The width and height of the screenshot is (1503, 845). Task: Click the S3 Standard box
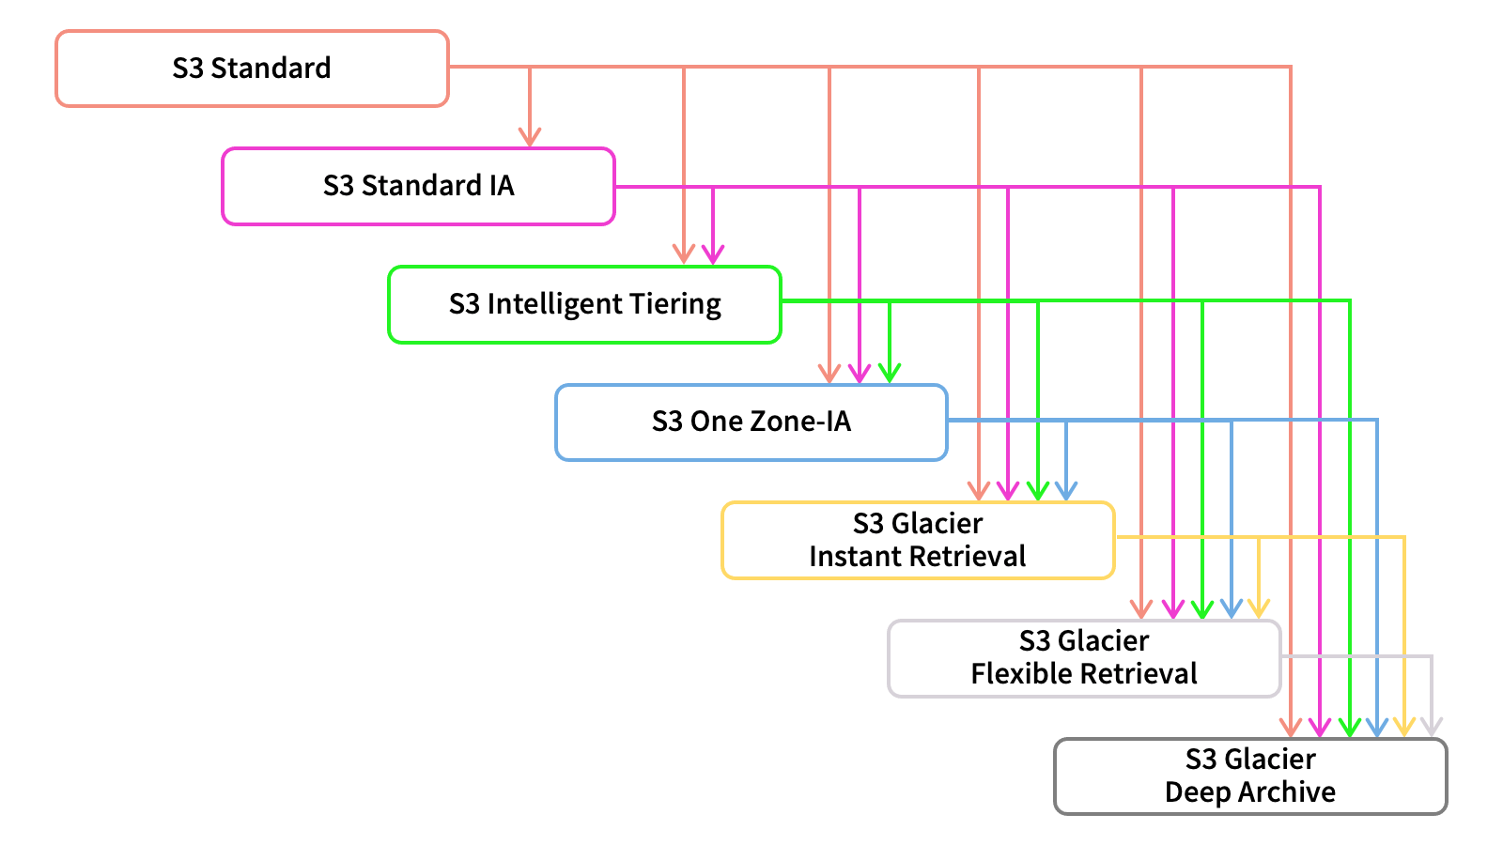252,69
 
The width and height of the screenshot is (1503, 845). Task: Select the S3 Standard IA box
418,186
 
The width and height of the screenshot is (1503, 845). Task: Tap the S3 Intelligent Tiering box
584,304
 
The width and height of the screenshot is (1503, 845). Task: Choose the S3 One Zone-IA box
751,422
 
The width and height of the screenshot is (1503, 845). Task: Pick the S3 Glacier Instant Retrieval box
918,540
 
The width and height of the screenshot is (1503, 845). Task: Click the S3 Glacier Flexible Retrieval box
1084,657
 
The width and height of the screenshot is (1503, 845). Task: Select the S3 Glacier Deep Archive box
1250,776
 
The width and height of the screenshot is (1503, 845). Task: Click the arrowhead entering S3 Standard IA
530,138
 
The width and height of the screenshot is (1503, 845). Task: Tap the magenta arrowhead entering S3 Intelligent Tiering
713,254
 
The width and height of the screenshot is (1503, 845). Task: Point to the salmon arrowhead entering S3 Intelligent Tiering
684,254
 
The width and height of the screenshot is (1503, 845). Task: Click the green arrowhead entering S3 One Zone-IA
890,373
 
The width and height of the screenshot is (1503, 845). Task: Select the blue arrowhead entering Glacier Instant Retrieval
1066,491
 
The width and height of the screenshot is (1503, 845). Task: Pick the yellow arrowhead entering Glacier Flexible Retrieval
1259,608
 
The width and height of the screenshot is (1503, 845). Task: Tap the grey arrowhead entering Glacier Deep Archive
1432,727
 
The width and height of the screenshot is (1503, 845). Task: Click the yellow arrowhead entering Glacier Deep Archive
1404,727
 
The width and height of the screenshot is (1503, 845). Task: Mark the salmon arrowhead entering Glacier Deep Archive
1291,727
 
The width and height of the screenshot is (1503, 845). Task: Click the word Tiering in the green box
674,304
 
